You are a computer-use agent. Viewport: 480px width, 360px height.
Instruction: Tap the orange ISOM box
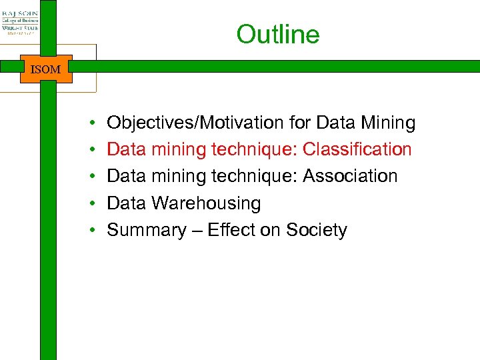pyautogui.click(x=46, y=69)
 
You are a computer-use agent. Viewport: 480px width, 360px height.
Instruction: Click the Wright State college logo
pyautogui.click(x=19, y=21)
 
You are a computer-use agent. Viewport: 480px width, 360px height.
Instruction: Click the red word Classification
pyautogui.click(x=357, y=149)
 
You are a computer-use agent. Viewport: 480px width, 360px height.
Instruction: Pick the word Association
pyautogui.click(x=350, y=176)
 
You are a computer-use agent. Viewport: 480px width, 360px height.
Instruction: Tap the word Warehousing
pyautogui.click(x=206, y=203)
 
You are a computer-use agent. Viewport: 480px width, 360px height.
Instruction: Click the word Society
pyautogui.click(x=317, y=230)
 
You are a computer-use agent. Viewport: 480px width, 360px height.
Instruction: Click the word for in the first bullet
pyautogui.click(x=300, y=123)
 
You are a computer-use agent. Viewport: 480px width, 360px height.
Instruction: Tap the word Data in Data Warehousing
pyautogui.click(x=127, y=203)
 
